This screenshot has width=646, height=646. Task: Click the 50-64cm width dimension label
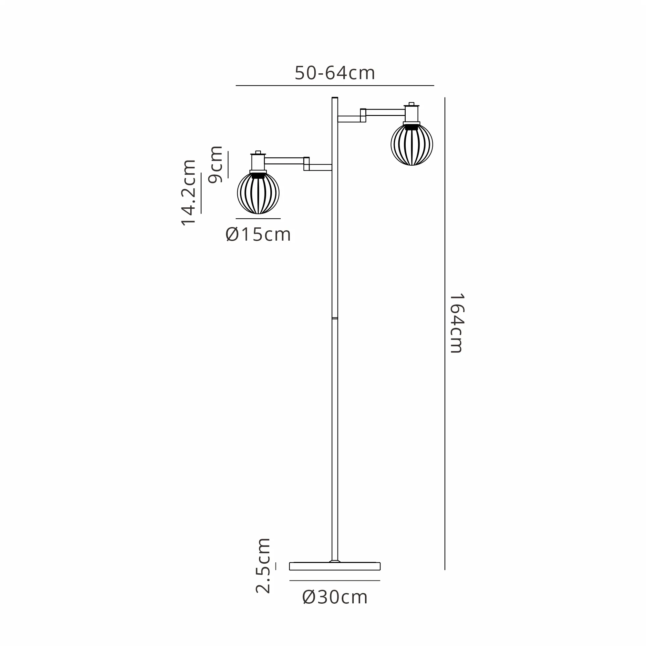[x=335, y=73]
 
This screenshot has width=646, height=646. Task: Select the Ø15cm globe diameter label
[x=258, y=234]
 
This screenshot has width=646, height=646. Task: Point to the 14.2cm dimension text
[x=188, y=193]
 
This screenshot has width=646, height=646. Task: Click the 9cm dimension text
[x=215, y=164]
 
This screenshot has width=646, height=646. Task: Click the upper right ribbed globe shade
[x=412, y=144]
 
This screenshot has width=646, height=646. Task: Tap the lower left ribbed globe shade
[x=258, y=193]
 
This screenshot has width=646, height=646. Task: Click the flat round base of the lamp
[x=335, y=566]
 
